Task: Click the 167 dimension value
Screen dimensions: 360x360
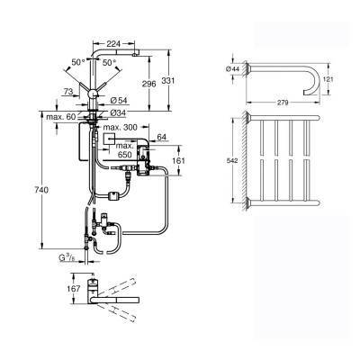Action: pos(75,291)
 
